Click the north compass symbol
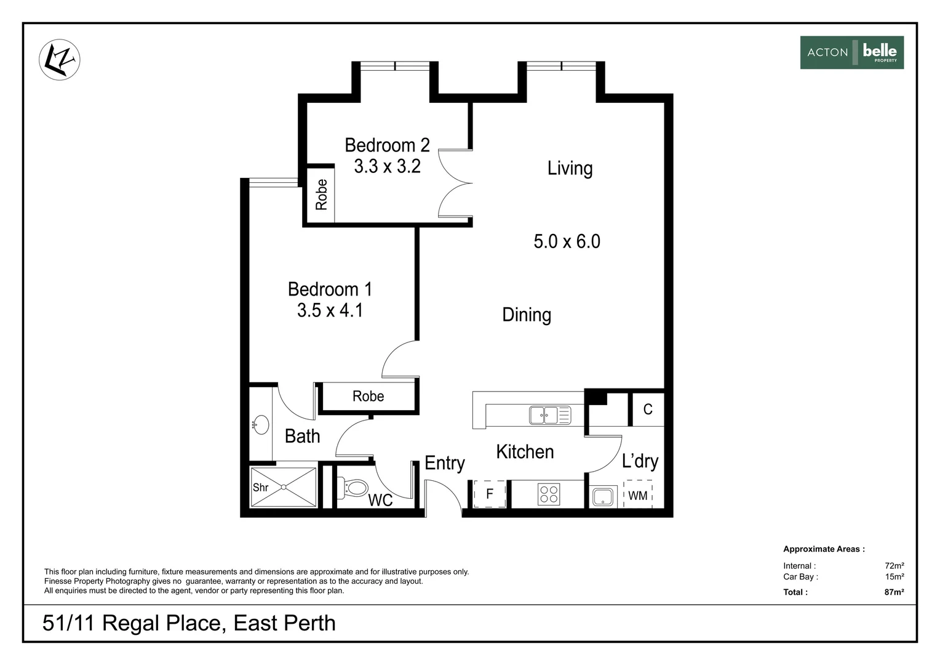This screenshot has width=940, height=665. (60, 60)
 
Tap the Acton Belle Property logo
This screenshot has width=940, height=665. (852, 52)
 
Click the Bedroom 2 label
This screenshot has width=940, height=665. (388, 145)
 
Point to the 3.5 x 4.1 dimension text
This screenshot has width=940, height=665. (330, 310)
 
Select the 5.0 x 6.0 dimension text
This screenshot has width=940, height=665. (567, 241)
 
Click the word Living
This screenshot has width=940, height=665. (570, 169)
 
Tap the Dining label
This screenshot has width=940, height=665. (527, 315)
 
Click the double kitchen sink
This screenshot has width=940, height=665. (550, 415)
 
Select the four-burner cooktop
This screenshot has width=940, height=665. (549, 494)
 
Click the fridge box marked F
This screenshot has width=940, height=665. (489, 494)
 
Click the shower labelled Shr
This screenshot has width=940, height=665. (283, 487)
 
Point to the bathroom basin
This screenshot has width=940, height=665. (261, 425)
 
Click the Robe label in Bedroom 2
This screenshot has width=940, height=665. (321, 195)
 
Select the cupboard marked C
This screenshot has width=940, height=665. (648, 409)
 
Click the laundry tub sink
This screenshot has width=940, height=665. (603, 496)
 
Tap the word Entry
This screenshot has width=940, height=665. (444, 464)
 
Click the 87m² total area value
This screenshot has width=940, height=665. (894, 592)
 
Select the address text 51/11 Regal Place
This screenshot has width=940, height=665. (132, 623)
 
